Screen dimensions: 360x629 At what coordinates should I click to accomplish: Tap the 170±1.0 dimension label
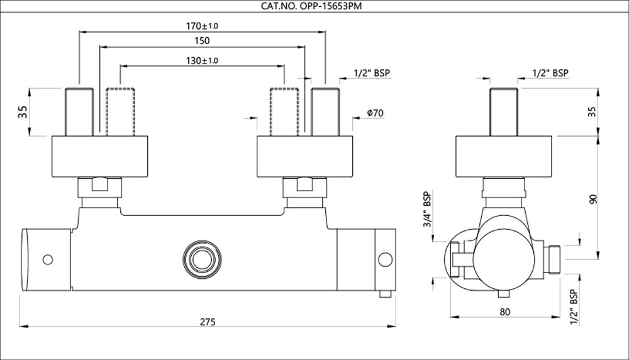coord(202,26)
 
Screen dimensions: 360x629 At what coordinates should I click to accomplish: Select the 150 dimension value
coord(202,40)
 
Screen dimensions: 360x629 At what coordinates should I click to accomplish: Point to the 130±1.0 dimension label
coord(202,60)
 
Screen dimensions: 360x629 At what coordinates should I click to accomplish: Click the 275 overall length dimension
coord(208,321)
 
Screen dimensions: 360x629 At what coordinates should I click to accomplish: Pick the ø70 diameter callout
coord(375,113)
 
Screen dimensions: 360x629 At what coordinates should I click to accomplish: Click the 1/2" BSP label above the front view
coord(372,73)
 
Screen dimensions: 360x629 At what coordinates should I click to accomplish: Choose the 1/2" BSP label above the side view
coord(550,73)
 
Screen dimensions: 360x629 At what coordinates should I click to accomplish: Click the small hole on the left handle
coord(47,258)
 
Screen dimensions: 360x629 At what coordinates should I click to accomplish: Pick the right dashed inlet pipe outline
coord(284,111)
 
